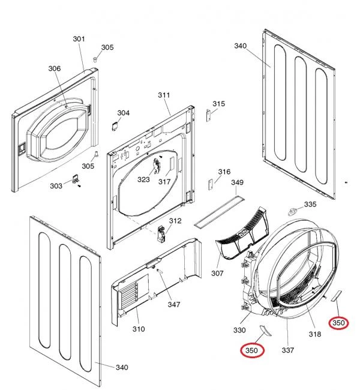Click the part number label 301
click(x=79, y=39)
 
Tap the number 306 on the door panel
click(x=55, y=69)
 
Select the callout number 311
click(x=164, y=95)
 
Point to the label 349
click(x=238, y=182)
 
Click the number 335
click(x=310, y=205)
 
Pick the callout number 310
click(x=138, y=329)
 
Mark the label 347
click(x=173, y=305)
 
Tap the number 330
click(x=239, y=331)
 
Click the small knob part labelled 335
click(x=293, y=211)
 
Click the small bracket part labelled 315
click(x=209, y=115)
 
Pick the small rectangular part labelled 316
click(x=211, y=185)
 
